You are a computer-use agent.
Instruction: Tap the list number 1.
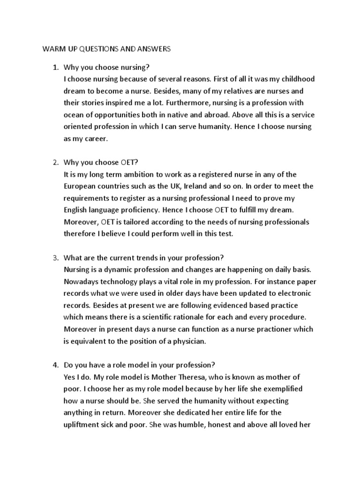click(x=54, y=67)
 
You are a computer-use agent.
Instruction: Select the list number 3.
click(x=54, y=257)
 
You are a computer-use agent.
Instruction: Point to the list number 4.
click(x=54, y=365)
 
